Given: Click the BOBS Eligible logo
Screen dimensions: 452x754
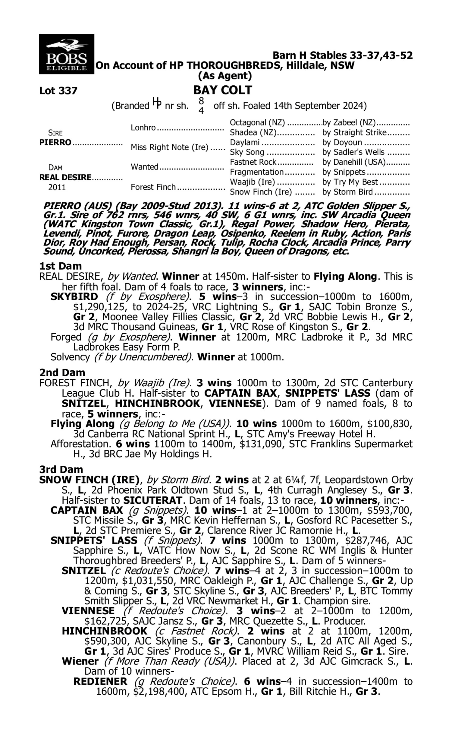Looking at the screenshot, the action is [66, 54].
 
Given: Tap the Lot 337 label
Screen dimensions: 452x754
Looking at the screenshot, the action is [58, 90].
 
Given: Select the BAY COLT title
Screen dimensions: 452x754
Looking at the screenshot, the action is [223, 90].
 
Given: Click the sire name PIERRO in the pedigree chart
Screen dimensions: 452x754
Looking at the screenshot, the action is [55, 142].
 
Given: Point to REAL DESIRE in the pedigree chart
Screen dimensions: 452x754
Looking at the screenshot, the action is [65, 177].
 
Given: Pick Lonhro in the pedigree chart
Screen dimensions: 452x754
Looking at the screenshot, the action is [143, 127].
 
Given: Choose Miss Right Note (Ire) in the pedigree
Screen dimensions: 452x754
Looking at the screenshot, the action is [169, 147].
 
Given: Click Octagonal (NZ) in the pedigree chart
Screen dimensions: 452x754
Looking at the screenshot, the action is [257, 122].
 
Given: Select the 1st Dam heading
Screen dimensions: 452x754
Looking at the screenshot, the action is [60, 266].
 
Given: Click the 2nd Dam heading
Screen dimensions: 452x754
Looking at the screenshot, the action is [62, 372].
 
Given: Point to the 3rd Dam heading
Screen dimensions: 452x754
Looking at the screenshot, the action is [61, 469].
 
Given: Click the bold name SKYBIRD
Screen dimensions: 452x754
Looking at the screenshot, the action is [74, 296].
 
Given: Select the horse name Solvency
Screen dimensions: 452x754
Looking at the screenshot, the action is [70, 357].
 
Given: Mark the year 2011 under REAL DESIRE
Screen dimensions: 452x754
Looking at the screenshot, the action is [57, 187].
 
